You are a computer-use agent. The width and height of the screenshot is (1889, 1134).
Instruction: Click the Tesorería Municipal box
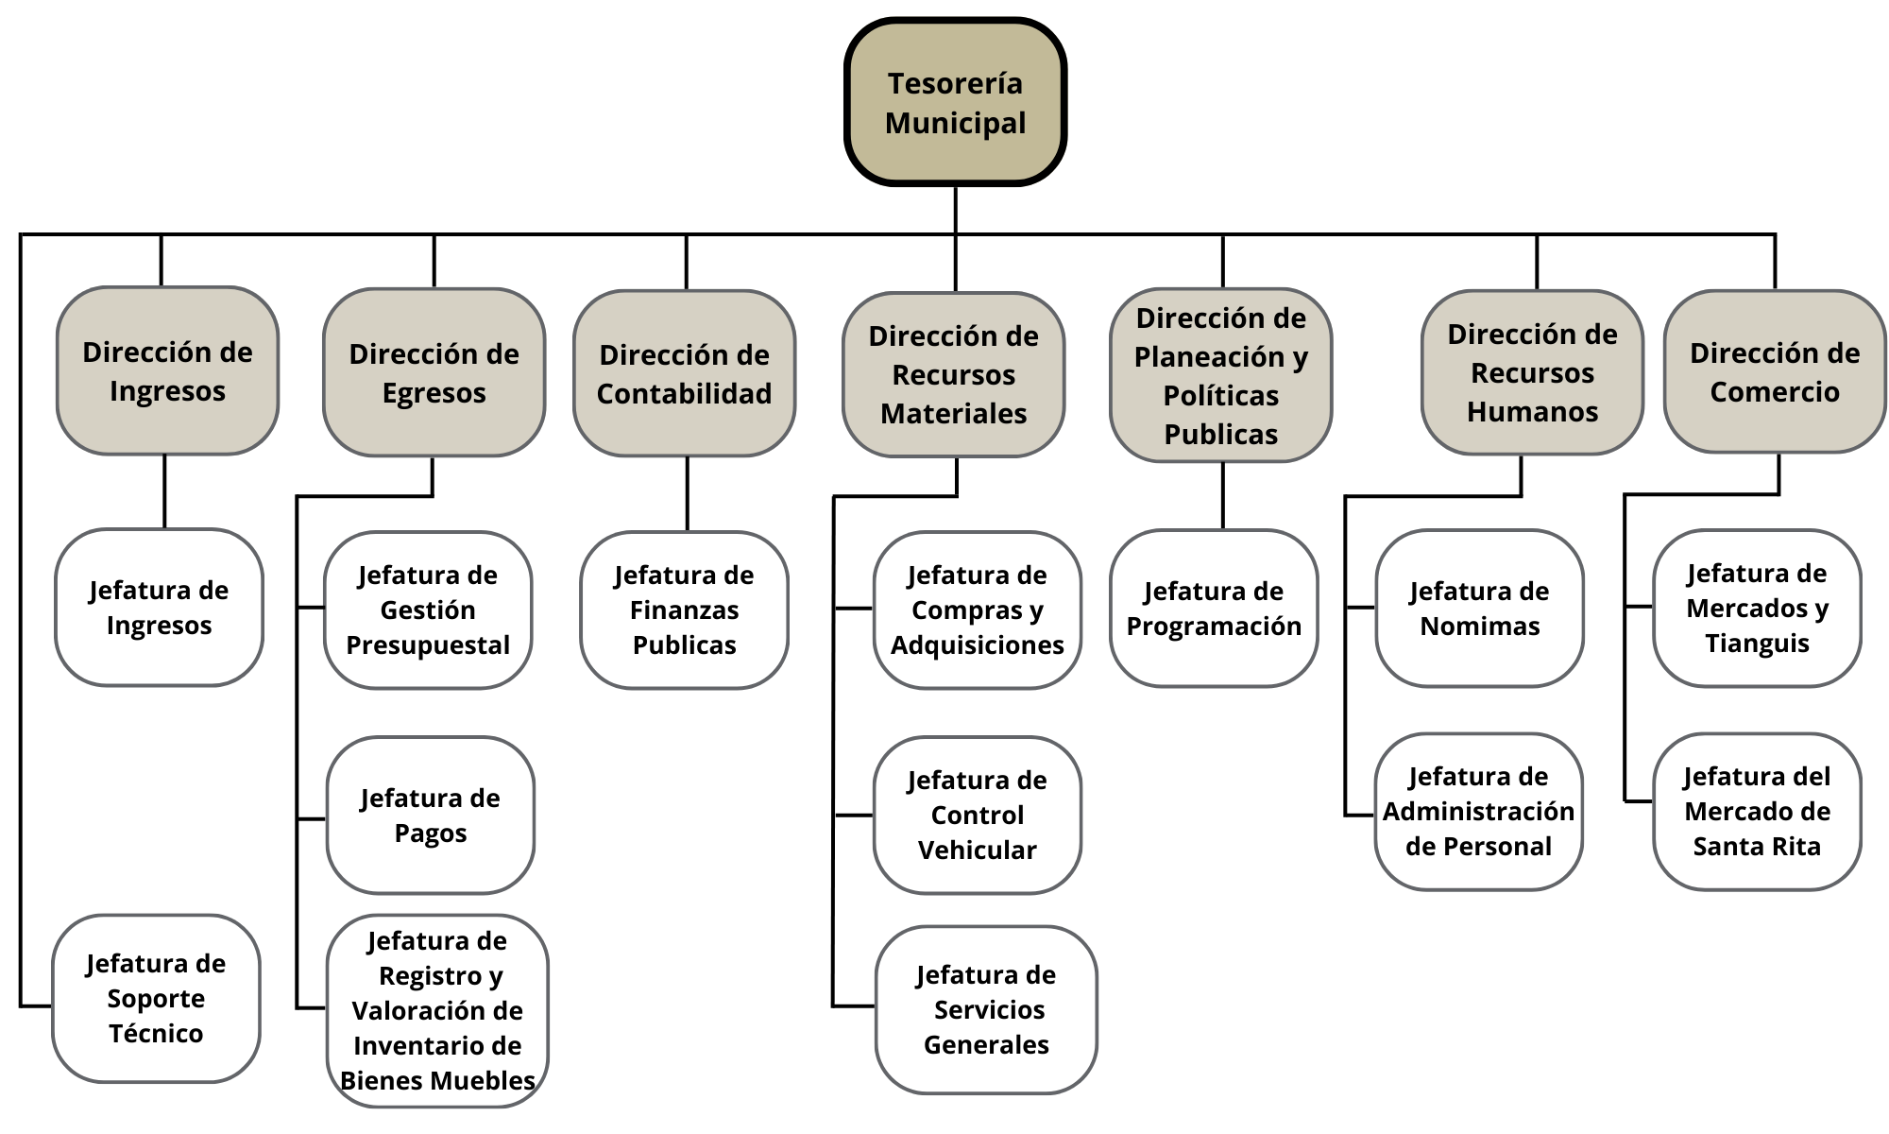tap(955, 102)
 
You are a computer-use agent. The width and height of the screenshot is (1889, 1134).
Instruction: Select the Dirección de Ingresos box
tap(167, 371)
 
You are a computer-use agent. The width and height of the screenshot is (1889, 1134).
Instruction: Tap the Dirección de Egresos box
tap(434, 373)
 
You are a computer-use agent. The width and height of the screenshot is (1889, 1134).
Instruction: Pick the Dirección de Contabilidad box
tap(684, 374)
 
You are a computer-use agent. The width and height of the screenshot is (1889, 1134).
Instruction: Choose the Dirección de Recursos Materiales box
tap(953, 375)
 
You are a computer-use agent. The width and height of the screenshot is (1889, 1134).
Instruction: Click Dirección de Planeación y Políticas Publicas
tap(1220, 376)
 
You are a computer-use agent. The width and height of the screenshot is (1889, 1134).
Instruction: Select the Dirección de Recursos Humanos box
tap(1532, 373)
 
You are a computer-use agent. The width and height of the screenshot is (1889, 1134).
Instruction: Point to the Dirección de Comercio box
tap(1774, 372)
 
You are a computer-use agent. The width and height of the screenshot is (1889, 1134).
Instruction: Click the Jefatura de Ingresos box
tap(159, 608)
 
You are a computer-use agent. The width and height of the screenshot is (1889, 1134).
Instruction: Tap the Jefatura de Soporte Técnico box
tap(156, 998)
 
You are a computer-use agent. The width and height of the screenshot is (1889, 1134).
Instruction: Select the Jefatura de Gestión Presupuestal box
tap(428, 610)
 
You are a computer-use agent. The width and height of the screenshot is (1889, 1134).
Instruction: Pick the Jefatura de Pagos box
tap(431, 816)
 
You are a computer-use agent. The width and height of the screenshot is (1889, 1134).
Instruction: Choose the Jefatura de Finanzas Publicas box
tap(684, 610)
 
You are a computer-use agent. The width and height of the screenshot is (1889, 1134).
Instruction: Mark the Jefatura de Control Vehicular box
tap(977, 816)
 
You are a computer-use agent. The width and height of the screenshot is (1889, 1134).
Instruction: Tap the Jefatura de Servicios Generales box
tap(986, 1009)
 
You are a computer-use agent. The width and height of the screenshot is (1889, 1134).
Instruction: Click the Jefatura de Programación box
tap(1214, 609)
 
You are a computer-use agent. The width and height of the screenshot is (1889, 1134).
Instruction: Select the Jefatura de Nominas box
tap(1479, 609)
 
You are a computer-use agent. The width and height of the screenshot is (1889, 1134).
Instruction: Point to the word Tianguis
tap(1757, 644)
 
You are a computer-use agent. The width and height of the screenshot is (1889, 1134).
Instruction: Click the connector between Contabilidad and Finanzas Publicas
tap(687, 494)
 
